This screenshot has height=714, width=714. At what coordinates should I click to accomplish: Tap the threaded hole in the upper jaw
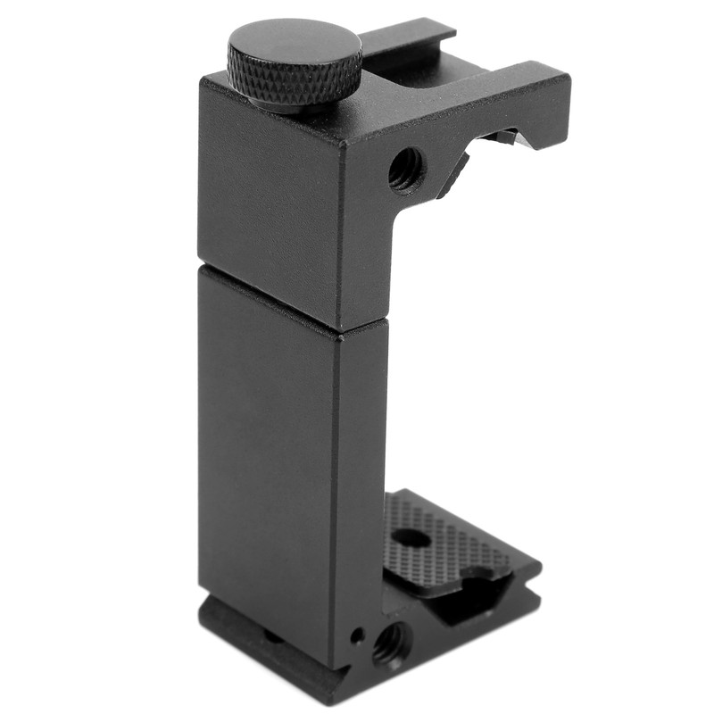406,169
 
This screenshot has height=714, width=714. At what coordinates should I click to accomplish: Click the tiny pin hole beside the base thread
358,635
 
